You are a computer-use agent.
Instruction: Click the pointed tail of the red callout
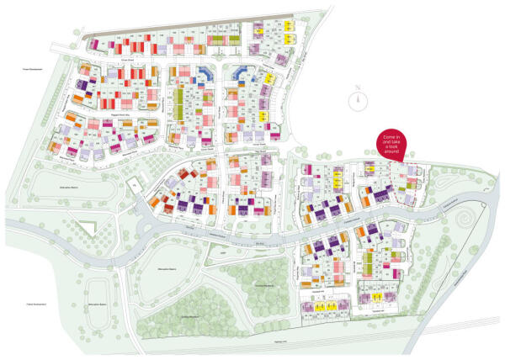tap(405, 160)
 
